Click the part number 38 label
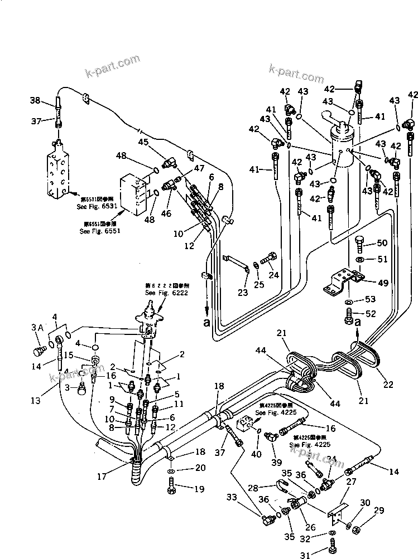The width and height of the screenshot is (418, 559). pos(35,101)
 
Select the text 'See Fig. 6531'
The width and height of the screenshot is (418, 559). pos(96,206)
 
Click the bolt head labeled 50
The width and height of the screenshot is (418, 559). pos(361,242)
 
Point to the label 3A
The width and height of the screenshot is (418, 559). pos(36,327)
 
